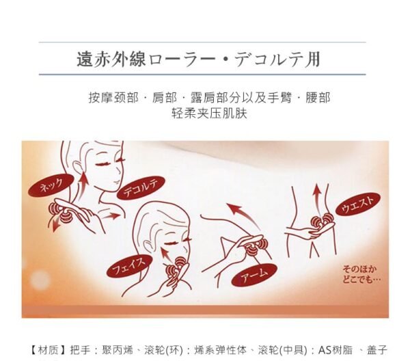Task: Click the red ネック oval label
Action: (51, 185)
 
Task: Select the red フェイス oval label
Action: (129, 266)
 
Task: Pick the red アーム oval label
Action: (254, 275)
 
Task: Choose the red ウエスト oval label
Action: (357, 204)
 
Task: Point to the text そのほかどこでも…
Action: (361, 274)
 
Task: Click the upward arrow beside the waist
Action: (316, 200)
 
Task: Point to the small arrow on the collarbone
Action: (111, 216)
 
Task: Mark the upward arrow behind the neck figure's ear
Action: (83, 185)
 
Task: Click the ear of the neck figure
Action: (77, 168)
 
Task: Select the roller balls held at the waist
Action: (322, 219)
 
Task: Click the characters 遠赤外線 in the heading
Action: (111, 59)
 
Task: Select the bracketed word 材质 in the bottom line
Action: (48, 350)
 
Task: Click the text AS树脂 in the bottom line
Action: (336, 350)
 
